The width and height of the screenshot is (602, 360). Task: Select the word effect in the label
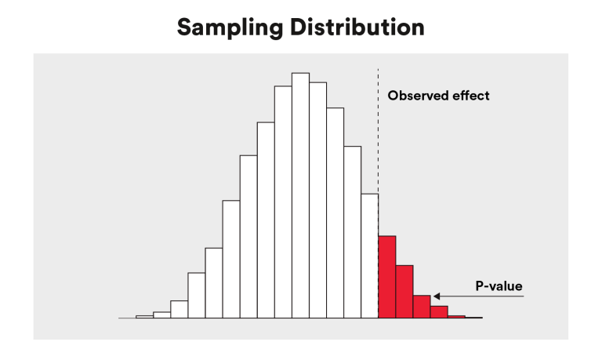pos(471,96)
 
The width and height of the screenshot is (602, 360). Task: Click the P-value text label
pos(499,286)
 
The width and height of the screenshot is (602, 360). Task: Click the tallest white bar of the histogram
pos(300,196)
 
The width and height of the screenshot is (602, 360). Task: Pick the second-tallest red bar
pos(404,292)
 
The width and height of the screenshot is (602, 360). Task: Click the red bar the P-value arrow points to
pos(422,307)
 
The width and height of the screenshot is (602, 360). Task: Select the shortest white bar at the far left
pos(144,317)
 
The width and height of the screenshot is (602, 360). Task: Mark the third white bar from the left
pos(179,310)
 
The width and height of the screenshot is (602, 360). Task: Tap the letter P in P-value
pos(479,286)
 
